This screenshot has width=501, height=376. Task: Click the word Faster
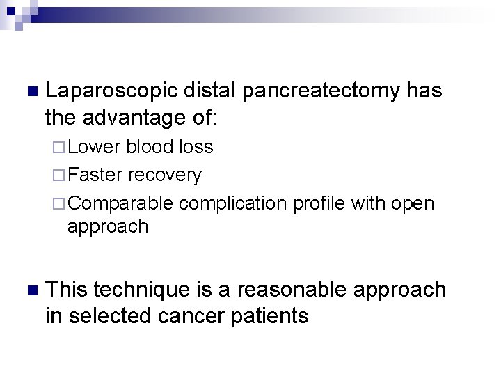95,175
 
